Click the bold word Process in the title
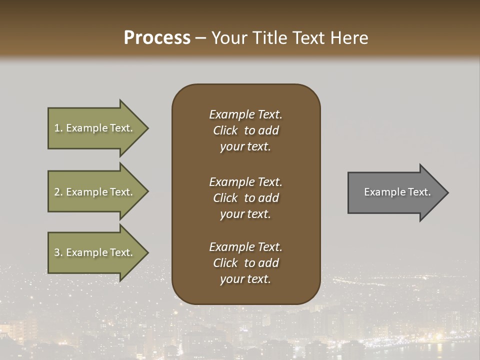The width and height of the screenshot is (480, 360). [157, 38]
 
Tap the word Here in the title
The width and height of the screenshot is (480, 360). [349, 38]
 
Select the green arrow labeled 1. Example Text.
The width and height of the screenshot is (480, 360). [95, 128]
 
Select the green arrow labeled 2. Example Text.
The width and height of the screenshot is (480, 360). [95, 192]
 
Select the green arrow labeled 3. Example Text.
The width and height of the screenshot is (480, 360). [95, 252]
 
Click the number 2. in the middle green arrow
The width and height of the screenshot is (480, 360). [58, 192]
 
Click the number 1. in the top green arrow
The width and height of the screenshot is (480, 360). [58, 128]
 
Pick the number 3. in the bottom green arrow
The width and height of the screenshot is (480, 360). [58, 252]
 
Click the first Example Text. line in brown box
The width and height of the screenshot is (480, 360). [245, 114]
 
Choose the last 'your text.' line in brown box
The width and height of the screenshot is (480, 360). [245, 279]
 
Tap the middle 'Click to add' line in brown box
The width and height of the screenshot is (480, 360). [245, 198]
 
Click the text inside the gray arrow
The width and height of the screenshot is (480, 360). [397, 192]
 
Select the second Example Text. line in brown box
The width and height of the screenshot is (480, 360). [245, 182]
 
